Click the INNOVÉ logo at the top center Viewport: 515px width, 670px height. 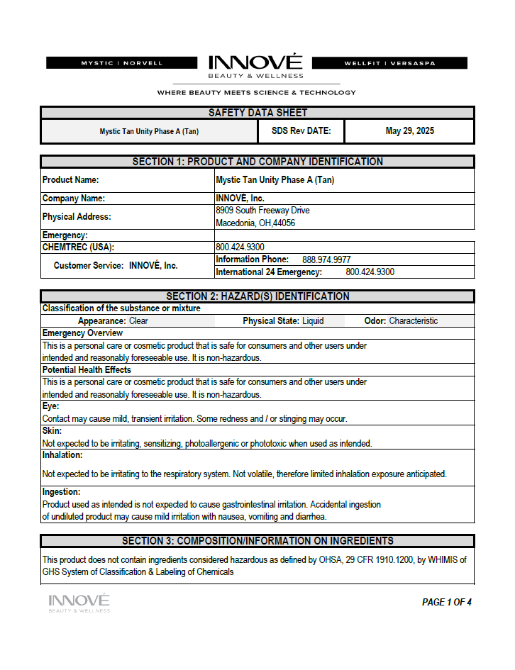click(x=255, y=65)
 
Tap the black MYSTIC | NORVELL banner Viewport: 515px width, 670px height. click(x=122, y=63)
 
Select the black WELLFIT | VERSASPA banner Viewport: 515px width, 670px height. click(x=389, y=63)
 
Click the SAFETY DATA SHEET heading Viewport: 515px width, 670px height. click(x=257, y=113)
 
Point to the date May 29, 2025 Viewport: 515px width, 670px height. click(x=409, y=131)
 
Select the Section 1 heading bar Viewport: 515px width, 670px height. click(x=257, y=162)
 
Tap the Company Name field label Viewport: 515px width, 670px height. click(x=74, y=199)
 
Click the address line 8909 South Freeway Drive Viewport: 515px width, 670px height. click(x=262, y=211)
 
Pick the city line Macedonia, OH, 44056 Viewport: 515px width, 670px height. click(x=255, y=223)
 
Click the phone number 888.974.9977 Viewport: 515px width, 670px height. click(x=326, y=259)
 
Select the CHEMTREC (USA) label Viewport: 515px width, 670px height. click(x=78, y=247)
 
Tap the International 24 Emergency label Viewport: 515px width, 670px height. click(x=269, y=272)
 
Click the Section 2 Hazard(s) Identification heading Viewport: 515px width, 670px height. click(x=257, y=296)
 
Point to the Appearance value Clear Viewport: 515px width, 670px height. click(x=138, y=321)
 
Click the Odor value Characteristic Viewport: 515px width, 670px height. click(x=413, y=321)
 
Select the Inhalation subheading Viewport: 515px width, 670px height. click(x=62, y=455)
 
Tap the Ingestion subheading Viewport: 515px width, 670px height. click(x=61, y=492)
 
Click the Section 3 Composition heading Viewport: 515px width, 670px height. click(x=257, y=541)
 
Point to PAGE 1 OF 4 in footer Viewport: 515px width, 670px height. click(x=446, y=603)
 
